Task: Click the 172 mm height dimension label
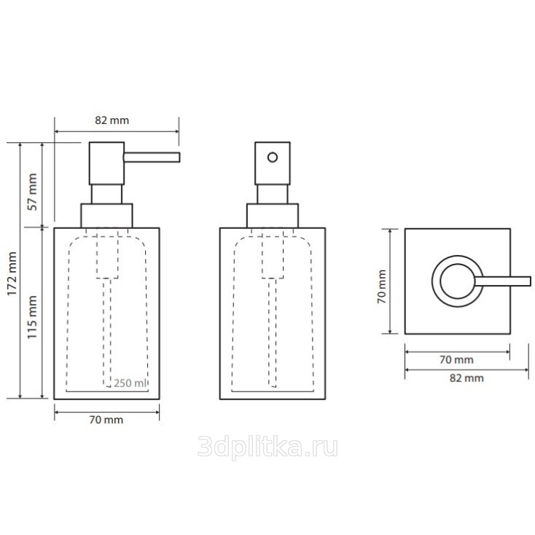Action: pos(12,273)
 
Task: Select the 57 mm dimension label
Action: pos(32,192)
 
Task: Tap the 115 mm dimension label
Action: pos(32,317)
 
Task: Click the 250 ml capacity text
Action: pos(130,383)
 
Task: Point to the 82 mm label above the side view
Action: pos(112,120)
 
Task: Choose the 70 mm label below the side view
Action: pos(106,420)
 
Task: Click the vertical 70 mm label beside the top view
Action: pos(382,286)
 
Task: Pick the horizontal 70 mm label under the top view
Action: pos(456,359)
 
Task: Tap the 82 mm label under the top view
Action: pos(466,378)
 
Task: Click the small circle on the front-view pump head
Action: pos(273,157)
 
